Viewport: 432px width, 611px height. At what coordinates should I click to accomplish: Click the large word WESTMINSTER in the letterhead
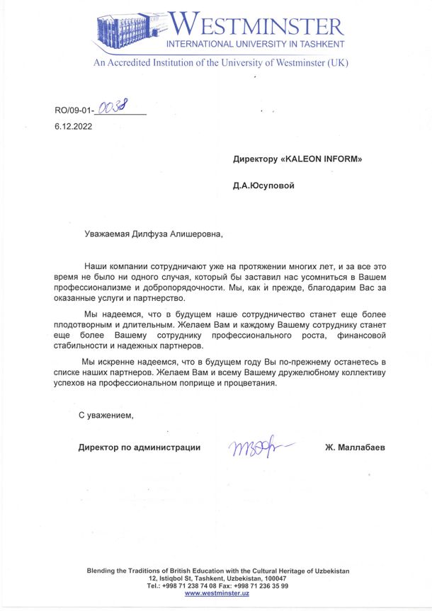258,27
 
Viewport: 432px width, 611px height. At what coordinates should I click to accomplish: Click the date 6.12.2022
73,127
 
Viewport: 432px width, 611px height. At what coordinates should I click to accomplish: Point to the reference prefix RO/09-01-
74,110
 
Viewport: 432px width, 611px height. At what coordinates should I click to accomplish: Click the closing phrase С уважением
106,415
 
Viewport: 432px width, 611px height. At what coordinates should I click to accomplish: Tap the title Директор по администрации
140,447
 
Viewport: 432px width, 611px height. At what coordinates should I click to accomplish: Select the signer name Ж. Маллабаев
356,447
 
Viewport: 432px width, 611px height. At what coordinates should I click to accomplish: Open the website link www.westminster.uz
217,593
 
